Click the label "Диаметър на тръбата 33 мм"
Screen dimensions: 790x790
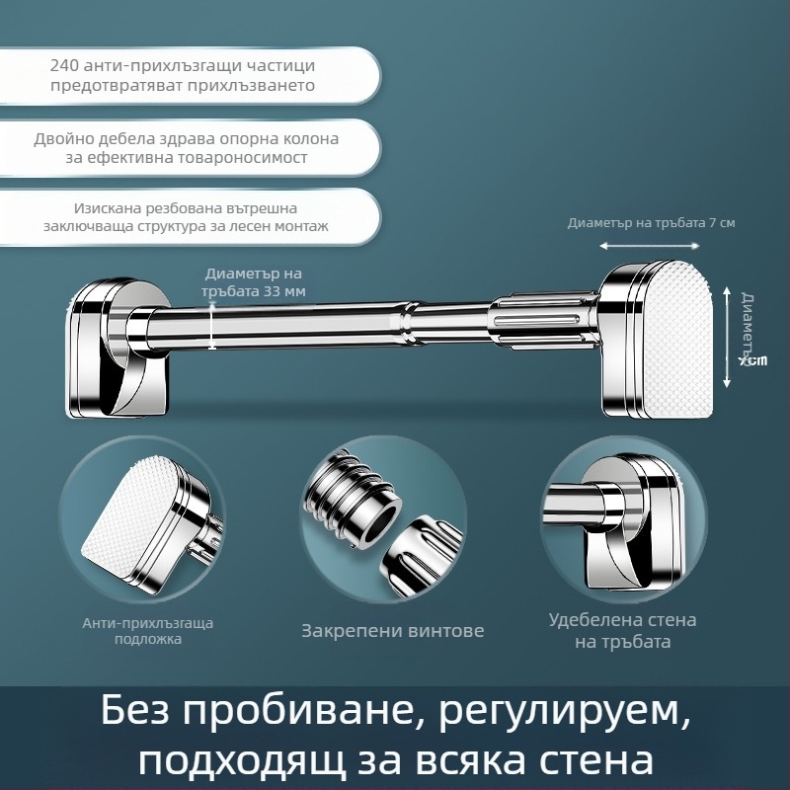[x=253, y=281]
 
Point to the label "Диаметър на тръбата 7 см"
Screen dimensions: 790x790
[x=651, y=223]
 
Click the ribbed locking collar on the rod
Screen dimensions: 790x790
[x=548, y=320]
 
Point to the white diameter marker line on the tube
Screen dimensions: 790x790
[x=212, y=326]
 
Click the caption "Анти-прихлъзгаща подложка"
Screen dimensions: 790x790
[x=147, y=631]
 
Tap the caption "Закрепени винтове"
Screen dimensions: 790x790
[x=392, y=630]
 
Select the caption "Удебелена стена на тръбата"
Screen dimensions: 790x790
[x=622, y=630]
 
